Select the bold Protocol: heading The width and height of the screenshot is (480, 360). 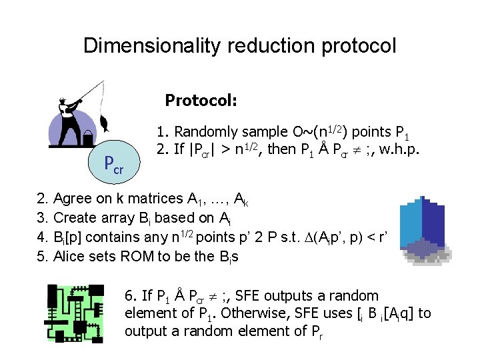[201, 101]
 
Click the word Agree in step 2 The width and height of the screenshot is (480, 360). [72, 199]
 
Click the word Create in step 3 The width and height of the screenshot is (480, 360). [74, 218]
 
